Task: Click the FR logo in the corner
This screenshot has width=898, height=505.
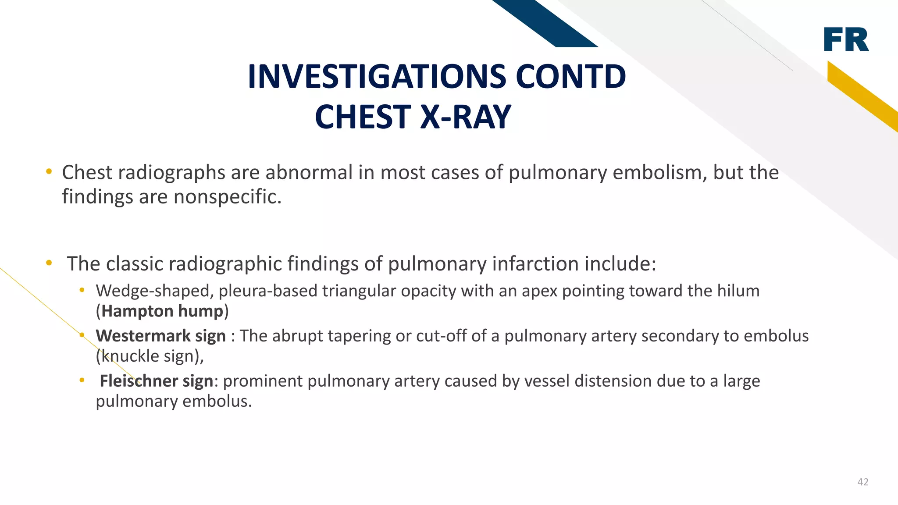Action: (846, 39)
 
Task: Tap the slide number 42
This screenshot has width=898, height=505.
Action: (863, 482)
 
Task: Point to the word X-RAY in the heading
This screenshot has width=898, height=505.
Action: (466, 117)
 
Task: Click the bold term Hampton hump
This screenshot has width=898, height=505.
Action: (162, 311)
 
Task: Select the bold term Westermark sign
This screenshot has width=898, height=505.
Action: (160, 336)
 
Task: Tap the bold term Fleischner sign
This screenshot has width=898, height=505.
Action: (157, 381)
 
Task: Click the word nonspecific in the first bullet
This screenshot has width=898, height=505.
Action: (227, 197)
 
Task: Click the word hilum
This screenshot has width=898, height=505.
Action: (738, 291)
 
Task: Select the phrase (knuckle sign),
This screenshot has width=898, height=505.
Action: (150, 356)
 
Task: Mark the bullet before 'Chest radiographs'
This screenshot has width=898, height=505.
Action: (49, 171)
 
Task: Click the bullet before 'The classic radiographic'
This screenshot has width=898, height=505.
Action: (49, 263)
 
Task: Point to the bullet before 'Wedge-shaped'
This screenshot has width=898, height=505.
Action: (82, 290)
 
